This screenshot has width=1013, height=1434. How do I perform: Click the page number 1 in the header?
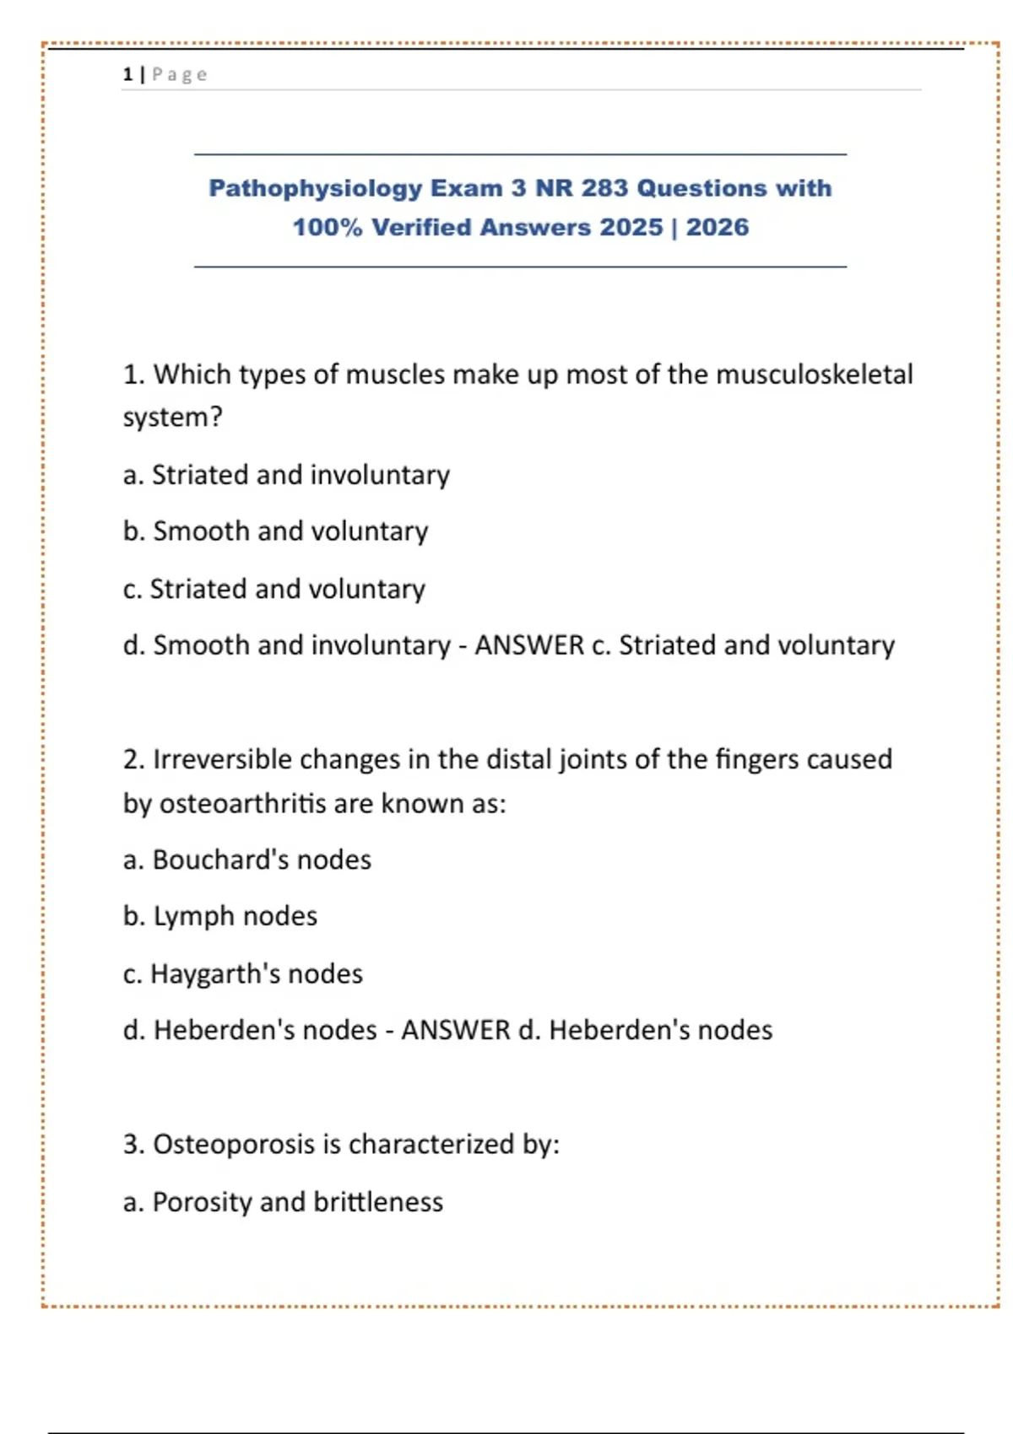[127, 75]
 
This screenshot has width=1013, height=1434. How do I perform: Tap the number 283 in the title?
[604, 188]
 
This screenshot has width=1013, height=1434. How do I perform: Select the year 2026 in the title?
[717, 228]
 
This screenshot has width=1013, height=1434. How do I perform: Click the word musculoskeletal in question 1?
[814, 375]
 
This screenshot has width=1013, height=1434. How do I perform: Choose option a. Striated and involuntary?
[286, 475]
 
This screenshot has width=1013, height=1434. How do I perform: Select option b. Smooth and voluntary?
[275, 531]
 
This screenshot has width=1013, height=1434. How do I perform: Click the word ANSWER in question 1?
[529, 645]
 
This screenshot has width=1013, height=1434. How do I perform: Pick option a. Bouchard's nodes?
[246, 860]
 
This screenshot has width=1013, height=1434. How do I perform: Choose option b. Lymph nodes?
[220, 916]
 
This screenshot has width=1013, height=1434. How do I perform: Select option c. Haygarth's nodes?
[242, 973]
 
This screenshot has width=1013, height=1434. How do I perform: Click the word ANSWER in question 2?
[456, 1030]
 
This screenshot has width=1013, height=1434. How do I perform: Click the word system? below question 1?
[172, 418]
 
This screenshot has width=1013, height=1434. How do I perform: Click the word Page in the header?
[180, 75]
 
